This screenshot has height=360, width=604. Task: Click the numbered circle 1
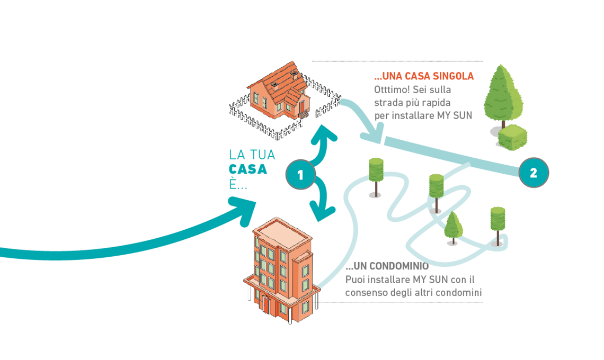click(x=300, y=174)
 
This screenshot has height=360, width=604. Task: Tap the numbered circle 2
click(x=533, y=173)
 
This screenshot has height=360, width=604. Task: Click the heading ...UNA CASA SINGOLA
click(x=424, y=76)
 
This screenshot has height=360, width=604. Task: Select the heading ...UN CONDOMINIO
click(x=387, y=266)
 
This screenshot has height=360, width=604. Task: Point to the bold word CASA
click(x=248, y=169)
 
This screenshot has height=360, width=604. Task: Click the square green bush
click(x=512, y=137)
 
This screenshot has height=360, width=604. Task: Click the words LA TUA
click(x=252, y=155)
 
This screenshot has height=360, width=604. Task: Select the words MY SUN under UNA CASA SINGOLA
click(x=455, y=115)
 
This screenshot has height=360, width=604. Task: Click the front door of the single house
click(x=301, y=109)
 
